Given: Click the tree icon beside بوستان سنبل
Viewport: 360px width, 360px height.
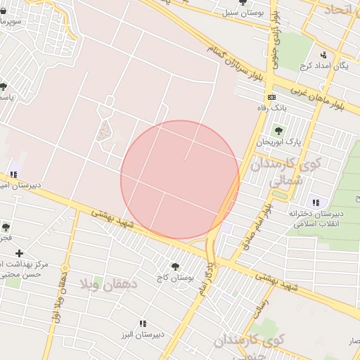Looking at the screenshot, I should tap(243, 3).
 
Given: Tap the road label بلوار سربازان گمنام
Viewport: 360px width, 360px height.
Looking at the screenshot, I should tap(233, 64).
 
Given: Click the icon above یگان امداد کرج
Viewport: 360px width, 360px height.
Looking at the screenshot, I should tap(323, 54).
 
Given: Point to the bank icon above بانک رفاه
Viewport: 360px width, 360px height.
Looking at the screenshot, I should tap(271, 97).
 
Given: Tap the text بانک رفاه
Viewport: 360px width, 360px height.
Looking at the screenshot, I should tap(271, 108).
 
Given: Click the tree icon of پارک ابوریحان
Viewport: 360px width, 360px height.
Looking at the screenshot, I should tap(278, 130).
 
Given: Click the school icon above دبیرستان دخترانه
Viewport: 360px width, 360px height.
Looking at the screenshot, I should tap(316, 202).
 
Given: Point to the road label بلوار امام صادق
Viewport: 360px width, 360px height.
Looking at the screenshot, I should tap(257, 222).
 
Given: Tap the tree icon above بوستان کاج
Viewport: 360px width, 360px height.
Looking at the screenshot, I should tap(175, 266).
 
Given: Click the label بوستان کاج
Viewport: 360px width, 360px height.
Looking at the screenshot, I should tap(176, 278).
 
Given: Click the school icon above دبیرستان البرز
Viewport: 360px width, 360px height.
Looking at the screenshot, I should tap(143, 323).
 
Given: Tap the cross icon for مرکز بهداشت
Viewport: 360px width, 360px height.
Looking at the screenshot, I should tap(19, 253).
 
